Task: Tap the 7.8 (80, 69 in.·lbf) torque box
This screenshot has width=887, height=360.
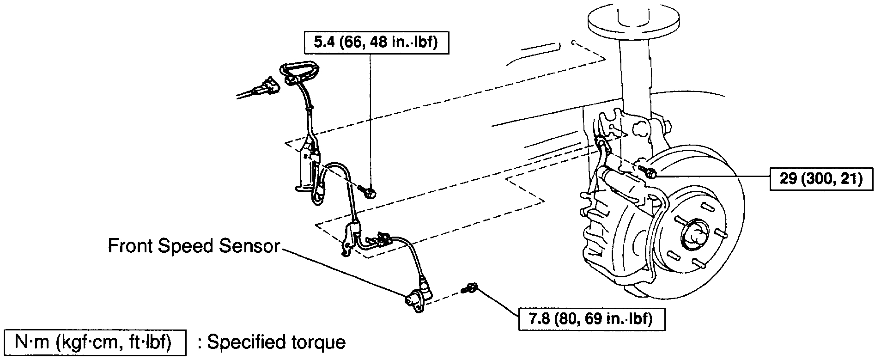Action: pos(592,319)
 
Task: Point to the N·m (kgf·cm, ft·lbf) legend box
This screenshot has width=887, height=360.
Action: pos(94,343)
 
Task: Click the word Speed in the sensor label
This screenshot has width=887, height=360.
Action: pos(187,246)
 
